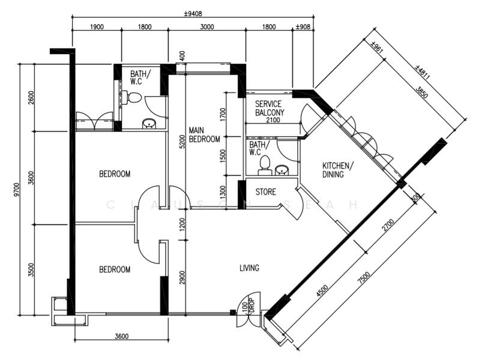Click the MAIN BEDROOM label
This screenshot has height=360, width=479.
[200, 135]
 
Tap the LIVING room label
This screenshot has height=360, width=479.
[249, 268]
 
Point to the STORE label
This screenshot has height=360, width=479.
[266, 193]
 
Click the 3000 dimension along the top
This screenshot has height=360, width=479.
[207, 26]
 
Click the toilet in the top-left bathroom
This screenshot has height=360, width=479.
[134, 98]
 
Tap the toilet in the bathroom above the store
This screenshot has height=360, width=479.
[264, 164]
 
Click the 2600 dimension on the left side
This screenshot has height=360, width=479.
[31, 96]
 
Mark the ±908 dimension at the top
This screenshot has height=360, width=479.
[303, 26]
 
